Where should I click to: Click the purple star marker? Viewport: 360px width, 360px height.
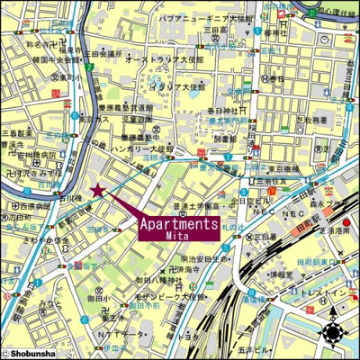[x=97, y=190]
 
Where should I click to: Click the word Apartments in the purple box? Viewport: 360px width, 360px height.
[x=179, y=224]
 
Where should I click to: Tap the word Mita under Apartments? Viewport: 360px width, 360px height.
[x=179, y=236]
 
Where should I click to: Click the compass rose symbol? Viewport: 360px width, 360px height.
[x=334, y=331]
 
